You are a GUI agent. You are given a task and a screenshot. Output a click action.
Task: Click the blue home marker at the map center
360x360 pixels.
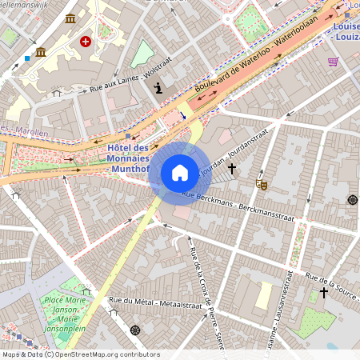click(179, 173)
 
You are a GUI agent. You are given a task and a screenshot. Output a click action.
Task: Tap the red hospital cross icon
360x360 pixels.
click(86, 40)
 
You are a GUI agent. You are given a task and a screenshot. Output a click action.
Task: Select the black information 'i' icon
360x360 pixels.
click(158, 88)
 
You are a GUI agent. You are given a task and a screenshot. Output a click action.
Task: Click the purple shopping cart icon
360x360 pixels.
click(333, 61)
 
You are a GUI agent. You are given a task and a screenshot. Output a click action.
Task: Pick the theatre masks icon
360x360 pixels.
click(261, 184)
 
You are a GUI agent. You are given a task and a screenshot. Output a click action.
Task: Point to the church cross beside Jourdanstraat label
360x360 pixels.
click(232, 169)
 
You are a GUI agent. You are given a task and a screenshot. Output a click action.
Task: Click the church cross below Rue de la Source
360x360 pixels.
click(323, 293)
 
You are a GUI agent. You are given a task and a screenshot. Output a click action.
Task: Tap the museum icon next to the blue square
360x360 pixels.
click(40, 52)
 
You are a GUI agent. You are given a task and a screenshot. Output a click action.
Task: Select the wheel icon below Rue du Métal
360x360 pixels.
click(134, 330)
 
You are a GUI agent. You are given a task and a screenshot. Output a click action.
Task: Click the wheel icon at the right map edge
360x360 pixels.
click(352, 199)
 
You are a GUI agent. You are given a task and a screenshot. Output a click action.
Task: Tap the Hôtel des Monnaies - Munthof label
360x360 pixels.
click(128, 158)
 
